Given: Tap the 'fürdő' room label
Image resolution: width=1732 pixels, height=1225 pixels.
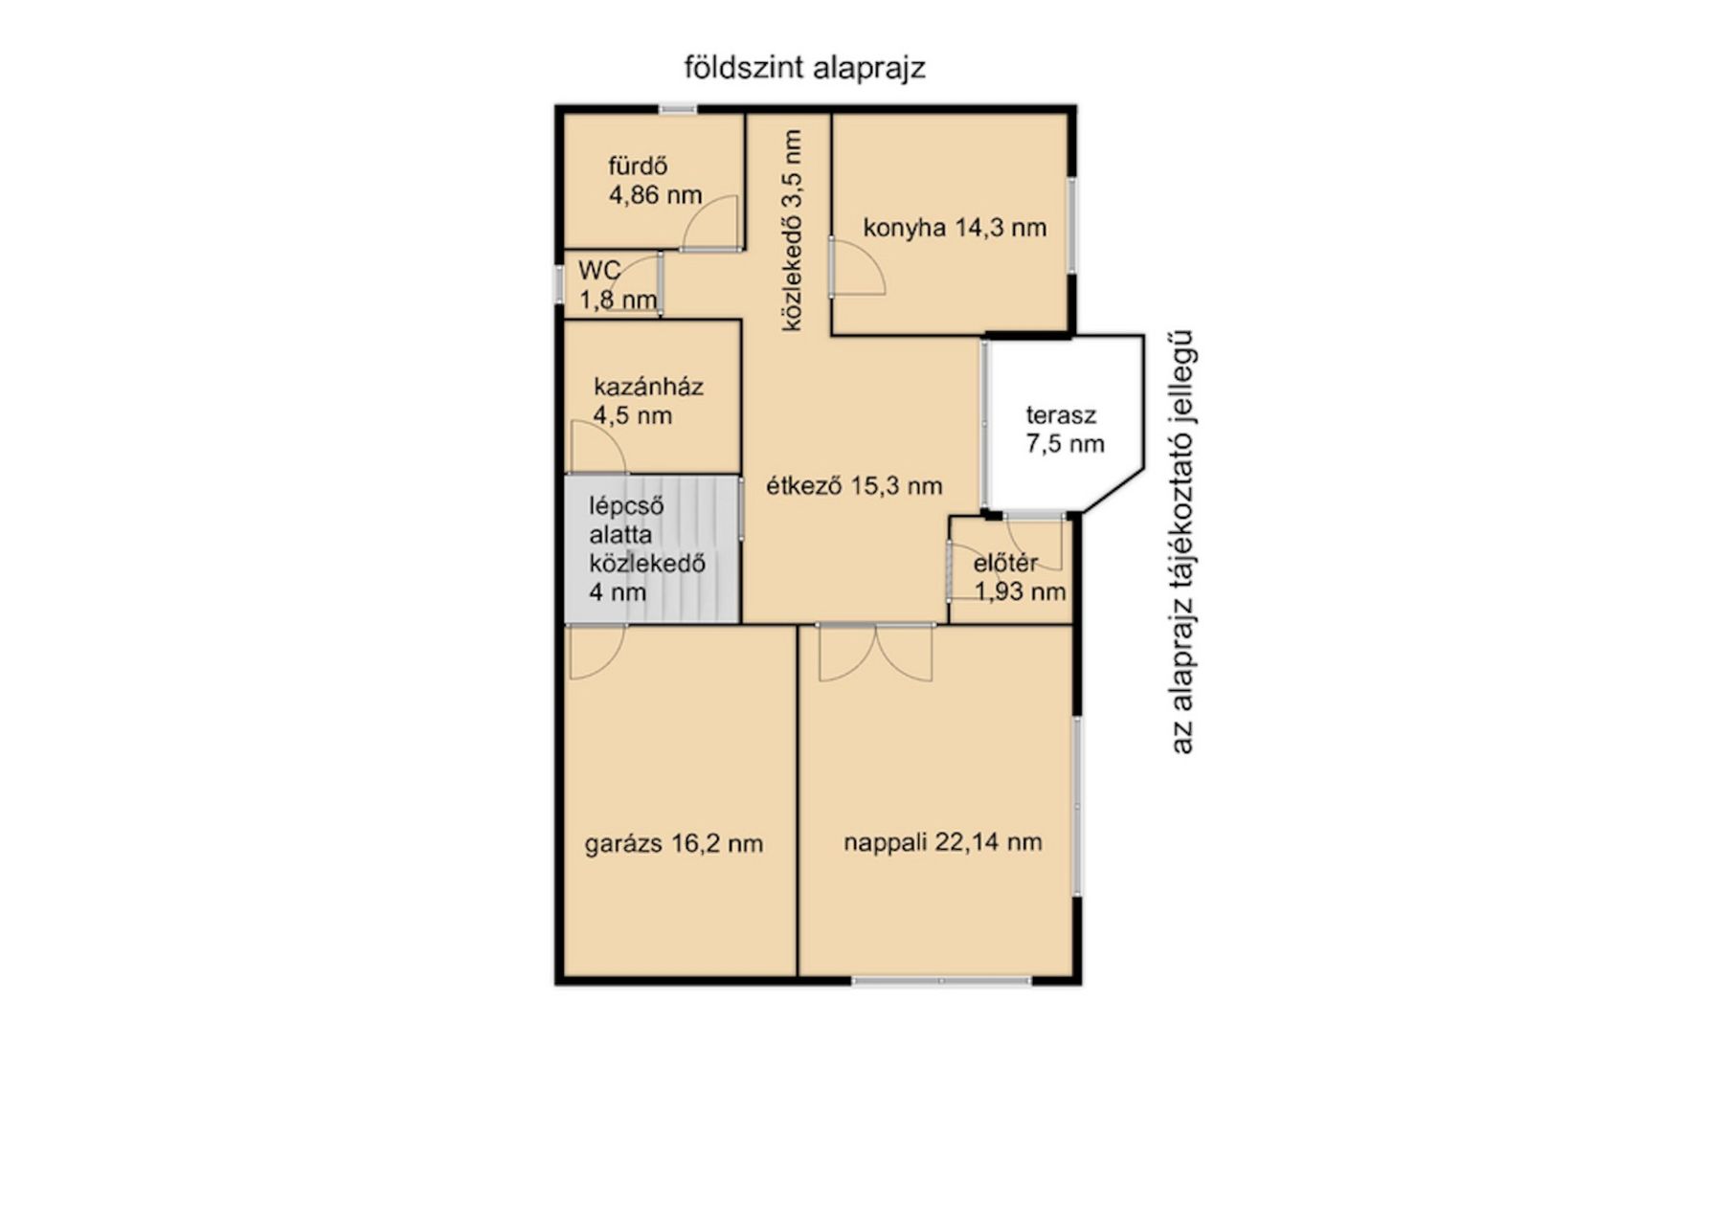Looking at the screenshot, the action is [x=638, y=166].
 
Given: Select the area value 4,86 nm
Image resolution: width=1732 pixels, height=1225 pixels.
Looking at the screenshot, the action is [x=656, y=195].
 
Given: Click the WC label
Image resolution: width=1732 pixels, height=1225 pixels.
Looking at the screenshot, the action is [x=599, y=270].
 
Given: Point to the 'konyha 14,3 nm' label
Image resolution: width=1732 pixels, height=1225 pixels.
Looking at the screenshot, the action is [x=955, y=228].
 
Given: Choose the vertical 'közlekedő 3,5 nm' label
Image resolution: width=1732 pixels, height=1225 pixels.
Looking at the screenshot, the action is [x=792, y=231].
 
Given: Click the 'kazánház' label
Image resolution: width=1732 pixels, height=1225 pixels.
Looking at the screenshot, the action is [x=648, y=387].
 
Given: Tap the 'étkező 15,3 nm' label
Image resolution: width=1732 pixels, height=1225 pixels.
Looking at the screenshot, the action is [x=854, y=486].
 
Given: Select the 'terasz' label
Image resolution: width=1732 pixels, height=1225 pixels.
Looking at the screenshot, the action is [x=1061, y=415].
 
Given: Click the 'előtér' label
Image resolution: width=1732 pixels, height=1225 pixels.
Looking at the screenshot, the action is [x=1005, y=564].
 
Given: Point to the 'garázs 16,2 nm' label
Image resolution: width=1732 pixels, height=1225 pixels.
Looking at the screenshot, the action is [x=674, y=844].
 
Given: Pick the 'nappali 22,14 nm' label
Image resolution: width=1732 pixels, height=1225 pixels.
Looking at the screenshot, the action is [x=943, y=842].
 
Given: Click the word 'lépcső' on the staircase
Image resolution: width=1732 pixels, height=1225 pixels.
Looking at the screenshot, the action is [x=626, y=506].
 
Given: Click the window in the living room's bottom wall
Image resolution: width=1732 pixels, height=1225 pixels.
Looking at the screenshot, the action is [x=941, y=981].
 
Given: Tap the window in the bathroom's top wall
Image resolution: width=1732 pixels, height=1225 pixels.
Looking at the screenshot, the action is [x=678, y=109].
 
